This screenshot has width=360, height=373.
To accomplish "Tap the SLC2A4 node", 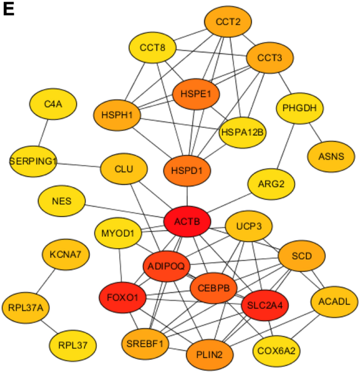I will [265, 305].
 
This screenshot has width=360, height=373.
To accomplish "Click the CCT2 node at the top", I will [228, 23].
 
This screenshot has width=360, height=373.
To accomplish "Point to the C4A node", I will [53, 104].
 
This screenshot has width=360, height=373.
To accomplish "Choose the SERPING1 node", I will [33, 161].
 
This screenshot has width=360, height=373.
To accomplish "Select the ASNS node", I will [331, 156].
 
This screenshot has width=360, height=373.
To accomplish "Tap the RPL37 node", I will [73, 345].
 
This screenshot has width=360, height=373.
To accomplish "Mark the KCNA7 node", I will [66, 255].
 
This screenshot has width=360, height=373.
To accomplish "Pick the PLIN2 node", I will [210, 355].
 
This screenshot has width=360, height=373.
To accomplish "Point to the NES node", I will [62, 201].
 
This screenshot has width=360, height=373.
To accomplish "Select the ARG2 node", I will [272, 184].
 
